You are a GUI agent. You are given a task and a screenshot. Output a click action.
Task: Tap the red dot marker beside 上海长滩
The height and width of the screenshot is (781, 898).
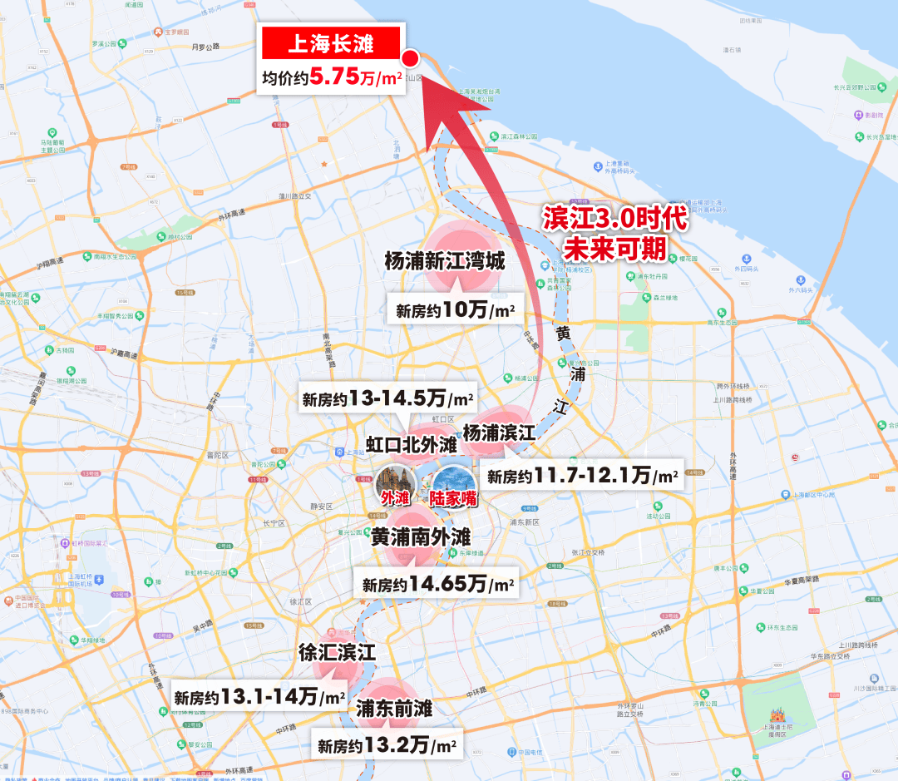410,58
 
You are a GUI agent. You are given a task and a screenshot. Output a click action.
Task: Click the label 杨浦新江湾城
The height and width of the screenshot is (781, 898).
445,262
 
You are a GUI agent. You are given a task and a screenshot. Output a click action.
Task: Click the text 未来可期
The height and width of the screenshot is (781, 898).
616,247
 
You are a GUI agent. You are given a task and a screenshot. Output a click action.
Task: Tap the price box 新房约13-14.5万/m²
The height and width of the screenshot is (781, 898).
387,398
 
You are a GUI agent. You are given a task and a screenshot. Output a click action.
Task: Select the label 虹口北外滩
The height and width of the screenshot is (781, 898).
412,444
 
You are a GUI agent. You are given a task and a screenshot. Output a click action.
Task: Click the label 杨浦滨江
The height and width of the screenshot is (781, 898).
499,433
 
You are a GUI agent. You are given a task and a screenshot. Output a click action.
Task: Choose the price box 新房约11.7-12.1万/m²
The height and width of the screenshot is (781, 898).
582,476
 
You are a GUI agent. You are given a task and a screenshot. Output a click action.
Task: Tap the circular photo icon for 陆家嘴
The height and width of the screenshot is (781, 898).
453,482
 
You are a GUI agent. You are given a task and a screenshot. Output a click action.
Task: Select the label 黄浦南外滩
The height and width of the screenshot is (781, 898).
421,537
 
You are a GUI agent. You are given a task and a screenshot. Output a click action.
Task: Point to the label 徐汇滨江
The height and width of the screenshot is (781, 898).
338,653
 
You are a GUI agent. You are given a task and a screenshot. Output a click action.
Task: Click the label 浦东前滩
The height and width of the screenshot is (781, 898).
394,709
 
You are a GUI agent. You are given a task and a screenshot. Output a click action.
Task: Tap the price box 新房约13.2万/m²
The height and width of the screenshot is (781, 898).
387,745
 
